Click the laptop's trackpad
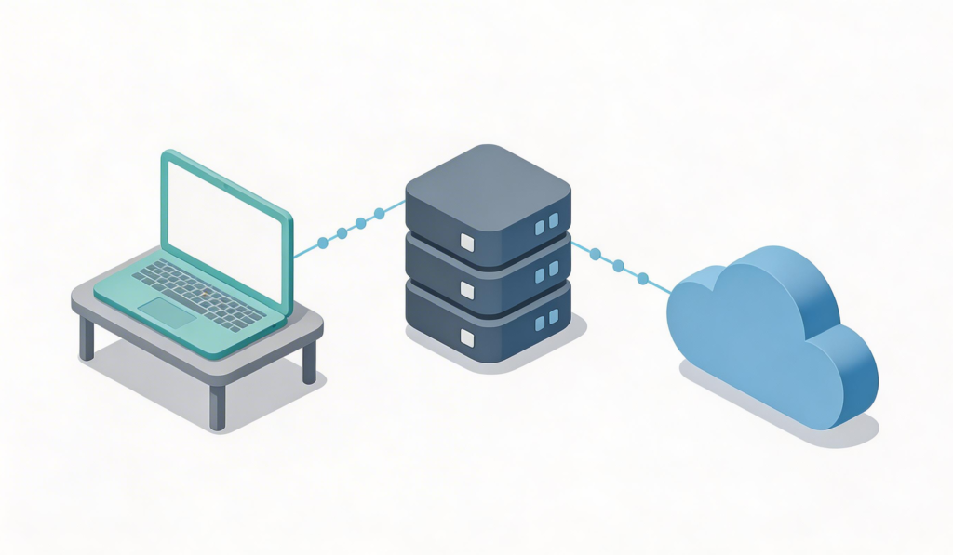pyautogui.click(x=168, y=312)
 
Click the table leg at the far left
pyautogui.click(x=87, y=338)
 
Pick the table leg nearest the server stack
pyautogui.click(x=310, y=362)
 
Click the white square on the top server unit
pyautogui.click(x=467, y=243)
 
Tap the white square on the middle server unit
pyautogui.click(x=467, y=290)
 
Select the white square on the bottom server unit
pyautogui.click(x=467, y=337)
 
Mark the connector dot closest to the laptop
pyautogui.click(x=322, y=243)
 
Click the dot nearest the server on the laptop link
pyautogui.click(x=379, y=216)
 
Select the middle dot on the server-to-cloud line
pyautogui.click(x=618, y=266)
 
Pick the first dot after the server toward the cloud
pyautogui.click(x=595, y=254)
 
